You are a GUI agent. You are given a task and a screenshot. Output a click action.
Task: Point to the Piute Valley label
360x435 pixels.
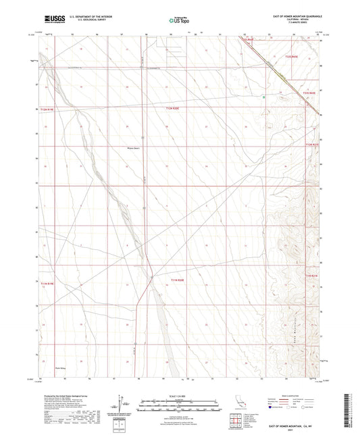(x=60, y=368)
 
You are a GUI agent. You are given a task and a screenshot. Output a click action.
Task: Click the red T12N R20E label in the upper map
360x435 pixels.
(x=176, y=108)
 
